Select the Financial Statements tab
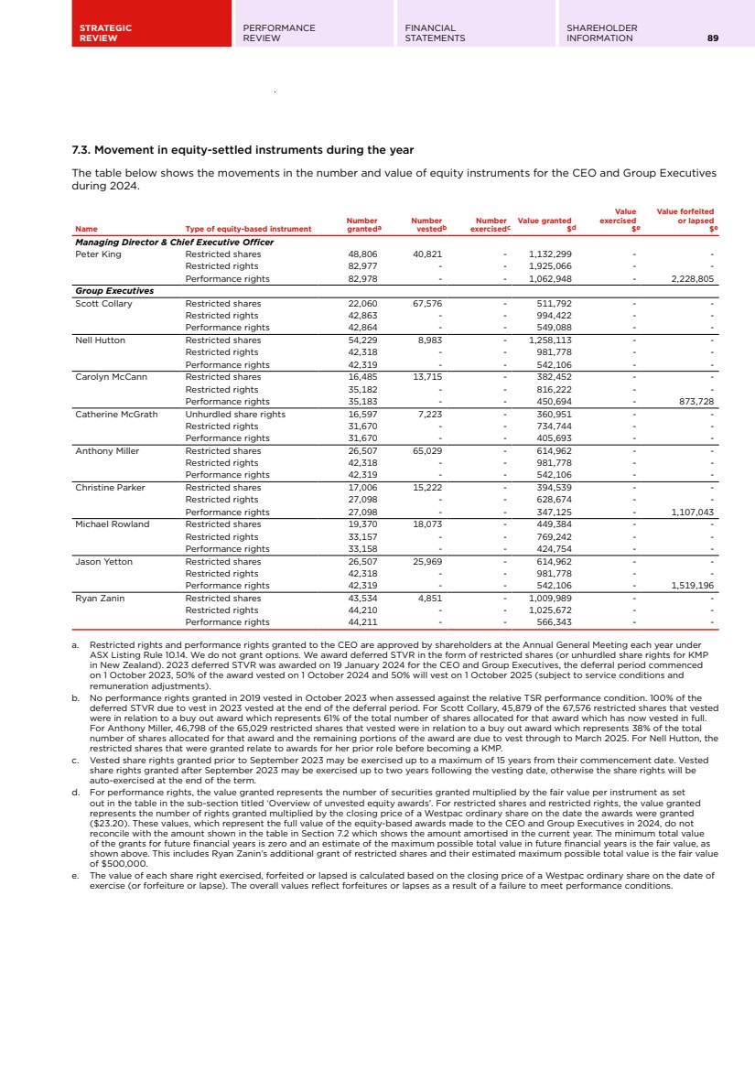coord(435,33)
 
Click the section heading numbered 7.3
coord(243,150)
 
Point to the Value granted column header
coord(545,221)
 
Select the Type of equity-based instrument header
coord(248,229)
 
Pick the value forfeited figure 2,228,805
coord(692,278)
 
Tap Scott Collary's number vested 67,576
coord(427,303)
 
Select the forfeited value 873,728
coord(696,401)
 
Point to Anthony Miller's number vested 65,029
coord(427,450)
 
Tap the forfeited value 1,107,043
coord(692,512)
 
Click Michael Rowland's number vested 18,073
coord(427,524)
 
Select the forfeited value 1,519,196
coord(692,585)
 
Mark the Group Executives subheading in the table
coord(113,291)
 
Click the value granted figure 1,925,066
coord(550,266)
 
